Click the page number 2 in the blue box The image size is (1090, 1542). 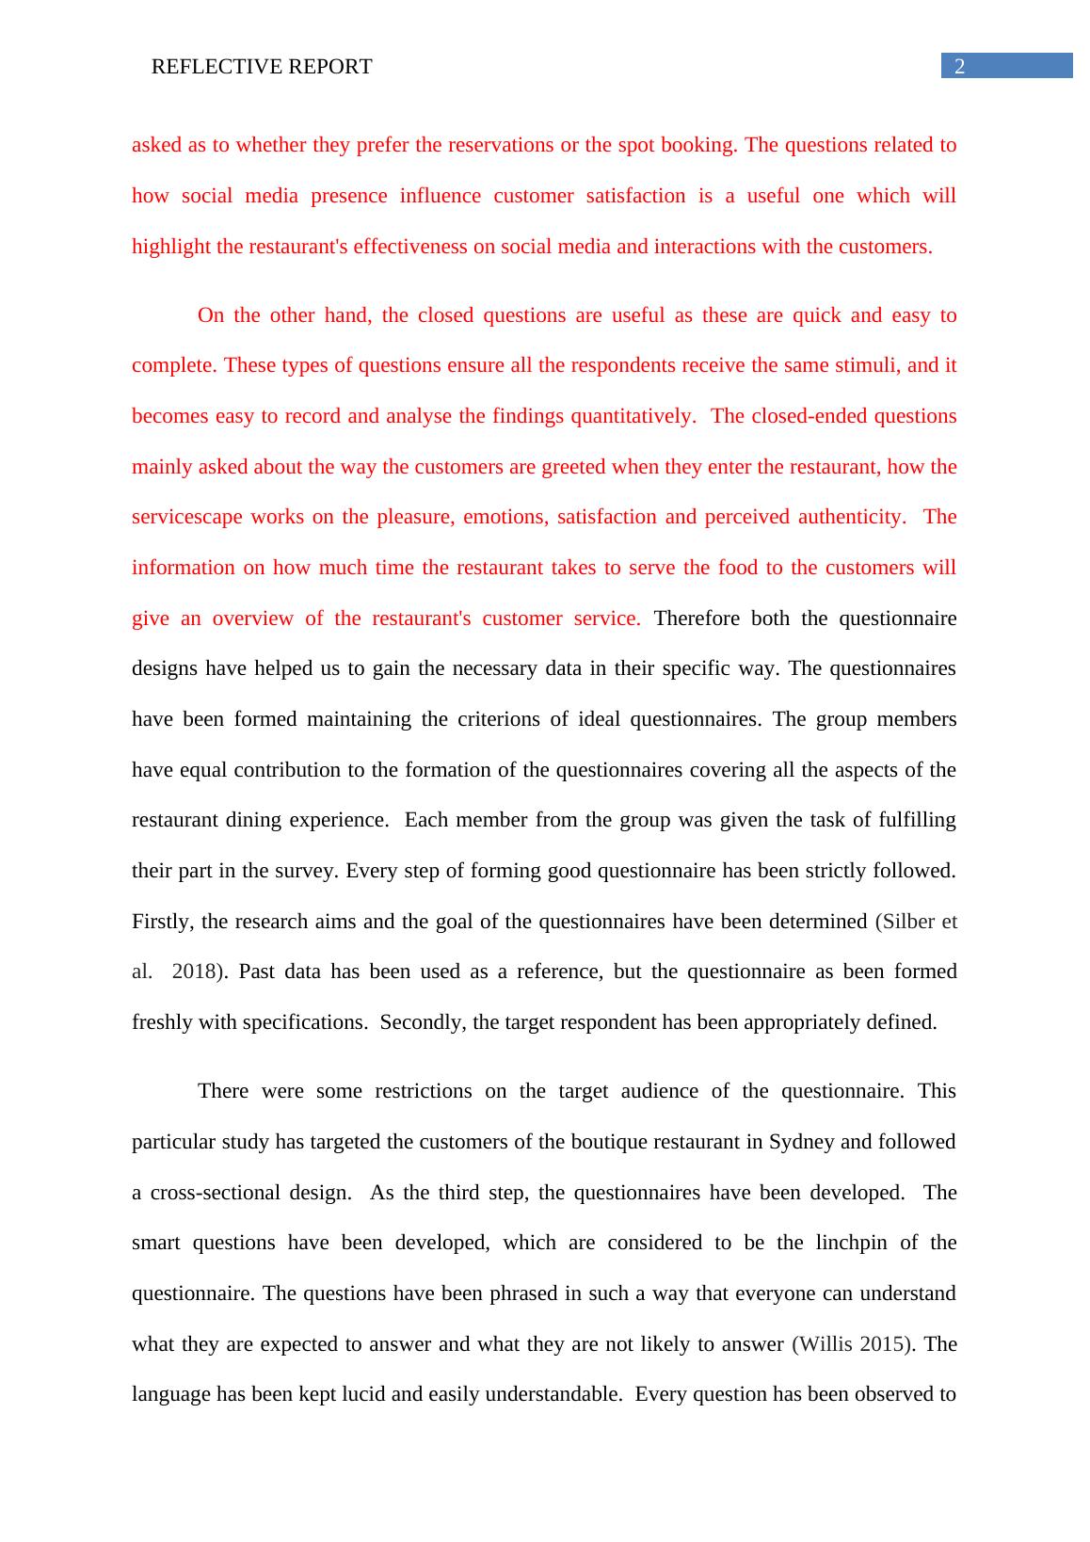point(960,66)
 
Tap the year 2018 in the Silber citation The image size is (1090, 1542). point(194,972)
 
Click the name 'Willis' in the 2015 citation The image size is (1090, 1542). point(827,1344)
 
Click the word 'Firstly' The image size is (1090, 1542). point(163,922)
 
